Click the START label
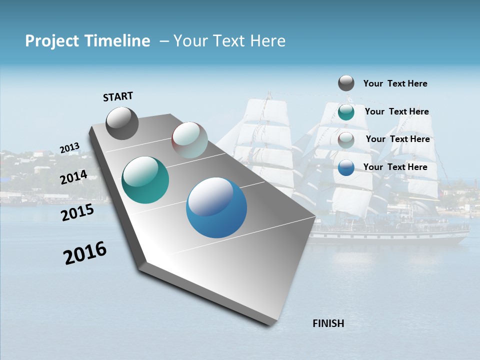[118, 96]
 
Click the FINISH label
[328, 323]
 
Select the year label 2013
[69, 148]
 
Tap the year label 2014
[73, 177]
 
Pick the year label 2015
[77, 212]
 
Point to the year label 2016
[85, 253]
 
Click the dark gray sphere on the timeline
[122, 123]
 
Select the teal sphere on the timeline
[145, 180]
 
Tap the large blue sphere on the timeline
[216, 207]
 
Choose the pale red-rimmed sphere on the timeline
[189, 140]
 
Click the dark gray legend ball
[346, 83]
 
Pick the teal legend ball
[346, 112]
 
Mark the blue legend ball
[346, 167]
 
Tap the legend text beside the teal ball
[396, 111]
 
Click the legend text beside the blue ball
[395, 167]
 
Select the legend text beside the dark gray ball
[395, 83]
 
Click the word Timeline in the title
[117, 41]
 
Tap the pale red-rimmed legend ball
[346, 140]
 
